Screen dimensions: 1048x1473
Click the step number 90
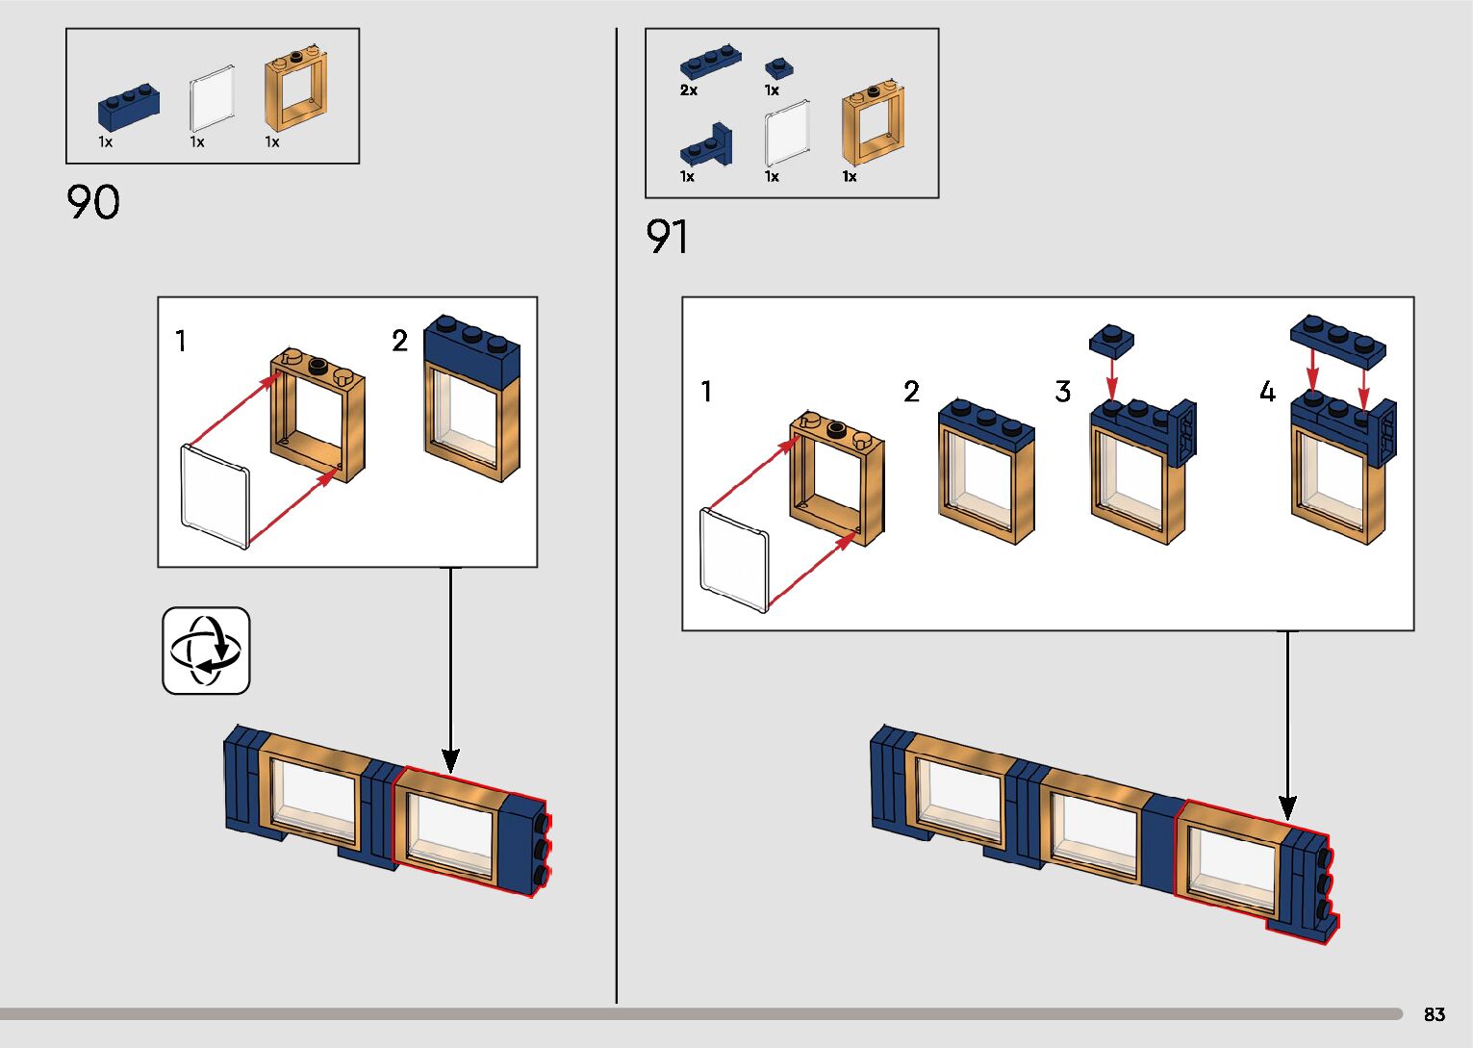tap(93, 202)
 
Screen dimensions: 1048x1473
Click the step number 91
tap(667, 237)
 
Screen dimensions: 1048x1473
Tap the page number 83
tap(1434, 1014)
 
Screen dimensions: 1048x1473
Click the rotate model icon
tap(206, 651)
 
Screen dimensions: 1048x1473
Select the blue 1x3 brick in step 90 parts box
tap(128, 108)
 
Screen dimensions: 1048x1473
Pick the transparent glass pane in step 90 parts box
tap(213, 100)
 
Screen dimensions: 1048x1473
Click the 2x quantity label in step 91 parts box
tap(689, 90)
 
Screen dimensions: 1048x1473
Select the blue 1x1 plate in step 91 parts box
tap(778, 68)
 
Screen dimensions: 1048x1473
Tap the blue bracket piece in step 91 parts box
tap(706, 147)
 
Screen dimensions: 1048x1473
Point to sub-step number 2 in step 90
tap(400, 341)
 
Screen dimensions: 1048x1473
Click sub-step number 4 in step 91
tap(1267, 392)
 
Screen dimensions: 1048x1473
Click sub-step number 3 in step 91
tap(1062, 392)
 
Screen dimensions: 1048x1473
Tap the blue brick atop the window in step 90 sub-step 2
tap(471, 351)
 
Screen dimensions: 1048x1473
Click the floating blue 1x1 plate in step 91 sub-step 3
tap(1111, 341)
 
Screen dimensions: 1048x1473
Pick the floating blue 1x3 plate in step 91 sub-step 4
tap(1337, 340)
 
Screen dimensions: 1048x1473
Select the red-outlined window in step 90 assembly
tap(450, 831)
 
